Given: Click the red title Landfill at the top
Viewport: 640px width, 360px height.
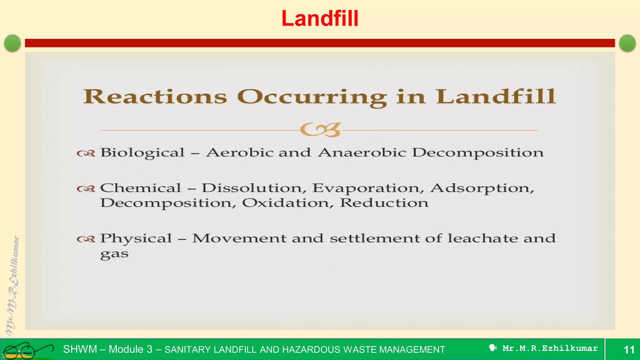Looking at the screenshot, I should tap(320, 18).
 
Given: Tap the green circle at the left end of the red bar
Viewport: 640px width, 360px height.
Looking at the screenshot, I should tap(12, 43).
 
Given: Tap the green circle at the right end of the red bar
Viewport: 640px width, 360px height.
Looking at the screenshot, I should tap(627, 43).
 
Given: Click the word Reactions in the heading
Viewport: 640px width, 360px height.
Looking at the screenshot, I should tap(155, 97).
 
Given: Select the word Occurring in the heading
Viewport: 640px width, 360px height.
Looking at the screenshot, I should tap(312, 97).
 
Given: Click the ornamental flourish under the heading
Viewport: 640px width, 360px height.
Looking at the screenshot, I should tap(320, 130).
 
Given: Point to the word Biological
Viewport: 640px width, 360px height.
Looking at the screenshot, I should tap(142, 153).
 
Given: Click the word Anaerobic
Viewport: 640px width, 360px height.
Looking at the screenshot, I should tap(362, 152).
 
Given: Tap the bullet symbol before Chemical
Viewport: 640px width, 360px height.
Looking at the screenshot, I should tap(86, 189).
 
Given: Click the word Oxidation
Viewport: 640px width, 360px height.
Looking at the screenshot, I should tap(286, 203).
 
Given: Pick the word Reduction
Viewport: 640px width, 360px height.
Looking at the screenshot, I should tap(384, 203).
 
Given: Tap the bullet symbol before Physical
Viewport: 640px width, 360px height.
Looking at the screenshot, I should tap(86, 239).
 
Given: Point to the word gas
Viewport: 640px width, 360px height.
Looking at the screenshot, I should tap(114, 254).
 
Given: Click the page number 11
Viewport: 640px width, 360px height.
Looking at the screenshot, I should tap(629, 349).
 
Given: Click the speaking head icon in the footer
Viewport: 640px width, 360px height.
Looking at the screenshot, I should tap(493, 348).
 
